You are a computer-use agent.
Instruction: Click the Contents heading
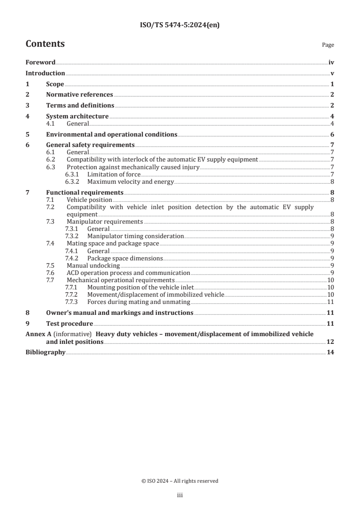point(45,44)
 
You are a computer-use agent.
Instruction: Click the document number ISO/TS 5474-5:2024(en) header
point(180,26)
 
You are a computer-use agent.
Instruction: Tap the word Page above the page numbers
point(328,45)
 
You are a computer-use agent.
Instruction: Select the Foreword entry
point(40,63)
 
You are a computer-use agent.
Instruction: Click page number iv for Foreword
point(331,63)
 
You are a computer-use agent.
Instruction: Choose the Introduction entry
point(45,73)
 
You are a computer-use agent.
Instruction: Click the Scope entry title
point(55,84)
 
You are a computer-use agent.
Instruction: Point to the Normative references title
point(79,94)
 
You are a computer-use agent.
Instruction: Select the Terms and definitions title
point(80,105)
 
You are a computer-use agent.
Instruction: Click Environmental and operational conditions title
point(112,134)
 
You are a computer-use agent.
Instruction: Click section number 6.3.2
point(73,182)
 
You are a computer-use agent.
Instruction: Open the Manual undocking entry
point(93,265)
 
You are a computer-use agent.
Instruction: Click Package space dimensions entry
point(125,258)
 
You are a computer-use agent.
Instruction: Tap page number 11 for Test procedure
point(330,323)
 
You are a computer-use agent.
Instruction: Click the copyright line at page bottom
point(180,481)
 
